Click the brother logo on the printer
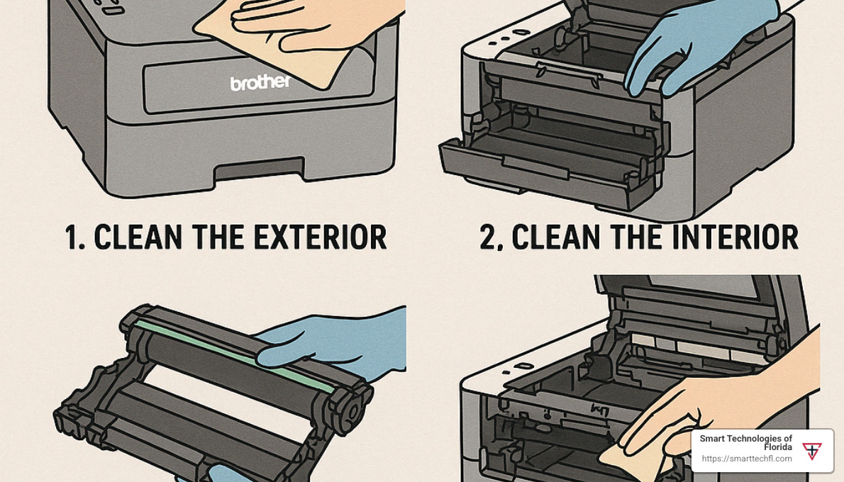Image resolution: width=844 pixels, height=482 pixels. pyautogui.click(x=260, y=82)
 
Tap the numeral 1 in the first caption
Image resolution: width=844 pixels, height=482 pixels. pyautogui.click(x=72, y=237)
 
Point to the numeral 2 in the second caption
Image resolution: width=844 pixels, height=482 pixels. pyautogui.click(x=488, y=237)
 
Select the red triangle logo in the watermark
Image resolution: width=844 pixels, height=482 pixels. pyautogui.click(x=811, y=451)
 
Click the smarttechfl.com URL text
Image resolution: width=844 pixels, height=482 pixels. pyautogui.click(x=747, y=459)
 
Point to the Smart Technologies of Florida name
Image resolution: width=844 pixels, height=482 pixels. pyautogui.click(x=746, y=443)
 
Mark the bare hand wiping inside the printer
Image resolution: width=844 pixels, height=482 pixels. pyautogui.click(x=721, y=409)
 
